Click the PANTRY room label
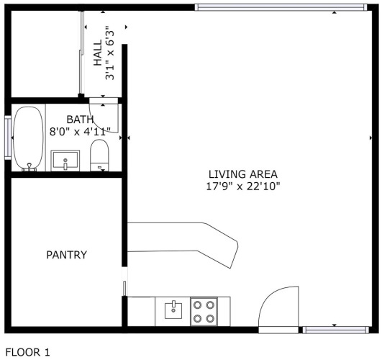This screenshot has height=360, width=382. click(x=66, y=255)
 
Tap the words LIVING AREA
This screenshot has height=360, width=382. click(x=243, y=174)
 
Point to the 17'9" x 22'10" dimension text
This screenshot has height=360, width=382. click(x=243, y=186)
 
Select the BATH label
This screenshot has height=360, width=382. click(x=80, y=120)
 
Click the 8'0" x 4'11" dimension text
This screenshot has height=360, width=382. click(x=80, y=132)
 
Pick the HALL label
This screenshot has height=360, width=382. click(x=98, y=53)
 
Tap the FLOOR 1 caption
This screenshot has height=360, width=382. click(x=27, y=352)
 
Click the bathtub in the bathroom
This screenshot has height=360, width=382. click(x=28, y=138)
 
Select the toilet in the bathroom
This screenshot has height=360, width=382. click(x=99, y=156)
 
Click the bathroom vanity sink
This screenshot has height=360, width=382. click(x=65, y=161)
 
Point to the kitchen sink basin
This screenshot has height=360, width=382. click(x=173, y=310)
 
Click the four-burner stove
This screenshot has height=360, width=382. click(x=204, y=312)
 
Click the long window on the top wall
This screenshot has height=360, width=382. click(x=281, y=7)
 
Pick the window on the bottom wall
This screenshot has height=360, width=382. click(x=336, y=330)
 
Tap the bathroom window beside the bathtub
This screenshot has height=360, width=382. click(x=8, y=138)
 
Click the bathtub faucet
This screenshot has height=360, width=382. click(x=29, y=167)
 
